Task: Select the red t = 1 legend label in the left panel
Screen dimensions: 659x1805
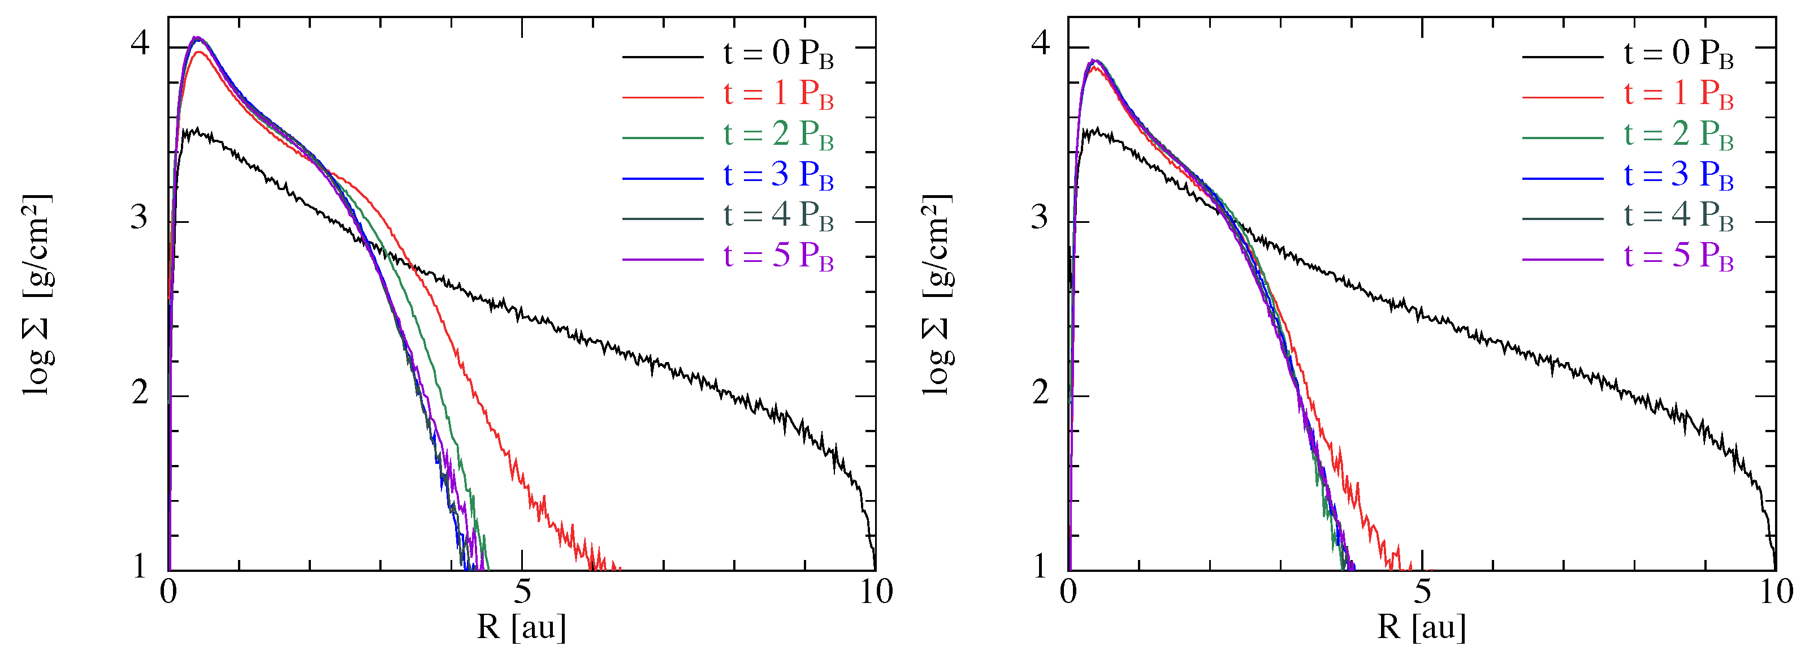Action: [778, 94]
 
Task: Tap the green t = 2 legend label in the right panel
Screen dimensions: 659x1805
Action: [1678, 135]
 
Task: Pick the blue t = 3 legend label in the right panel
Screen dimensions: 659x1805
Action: [1678, 175]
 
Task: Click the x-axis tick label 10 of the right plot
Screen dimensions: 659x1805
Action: [1776, 593]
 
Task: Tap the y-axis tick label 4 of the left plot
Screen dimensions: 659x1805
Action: [140, 44]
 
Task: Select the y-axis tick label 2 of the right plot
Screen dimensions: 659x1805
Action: [1041, 393]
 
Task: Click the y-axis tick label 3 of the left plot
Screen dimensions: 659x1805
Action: [140, 218]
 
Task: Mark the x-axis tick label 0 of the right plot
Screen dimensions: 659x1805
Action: [1068, 593]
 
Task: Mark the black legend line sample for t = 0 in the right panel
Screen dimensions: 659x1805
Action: [1562, 55]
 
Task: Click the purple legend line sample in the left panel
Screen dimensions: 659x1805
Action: [662, 260]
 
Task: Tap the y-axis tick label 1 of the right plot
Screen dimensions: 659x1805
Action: [1041, 566]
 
